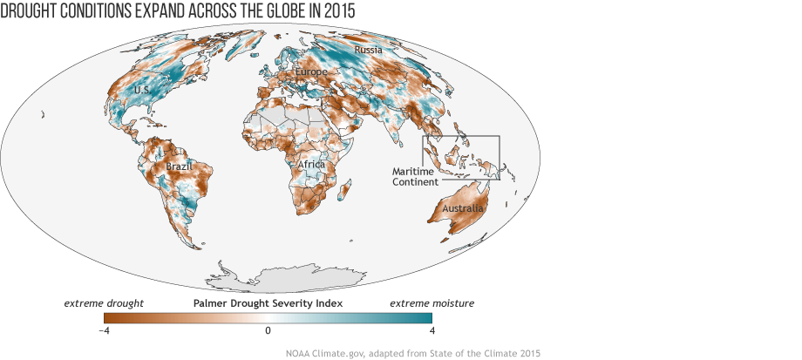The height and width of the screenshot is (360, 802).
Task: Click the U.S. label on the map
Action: [x=116, y=90]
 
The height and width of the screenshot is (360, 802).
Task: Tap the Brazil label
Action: [x=179, y=165]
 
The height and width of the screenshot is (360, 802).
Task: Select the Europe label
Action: [x=311, y=71]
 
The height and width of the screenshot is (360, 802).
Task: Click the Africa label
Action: [x=311, y=165]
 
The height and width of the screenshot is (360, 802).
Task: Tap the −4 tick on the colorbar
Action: [x=104, y=330]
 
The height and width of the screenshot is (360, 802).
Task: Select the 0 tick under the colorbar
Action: [x=268, y=330]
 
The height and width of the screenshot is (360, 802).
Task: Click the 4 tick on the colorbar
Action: [x=432, y=330]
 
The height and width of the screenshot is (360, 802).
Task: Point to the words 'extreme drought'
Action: [x=104, y=303]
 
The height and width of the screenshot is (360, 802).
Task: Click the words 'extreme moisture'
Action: [x=432, y=303]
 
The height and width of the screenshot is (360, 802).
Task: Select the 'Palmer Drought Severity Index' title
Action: [x=268, y=303]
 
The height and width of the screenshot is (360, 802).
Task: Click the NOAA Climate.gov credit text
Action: [x=413, y=353]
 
